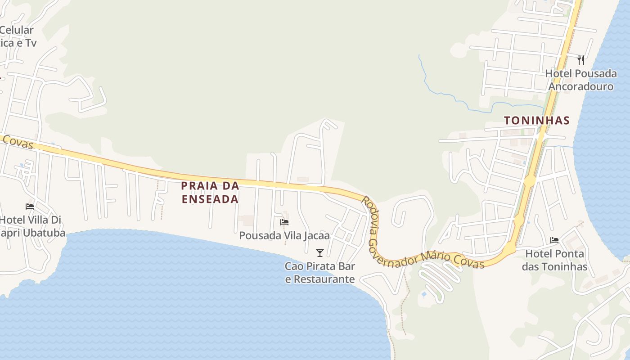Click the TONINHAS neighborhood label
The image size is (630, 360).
click(537, 121)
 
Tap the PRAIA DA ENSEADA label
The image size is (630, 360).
click(210, 192)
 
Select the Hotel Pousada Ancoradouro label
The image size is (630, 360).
click(581, 80)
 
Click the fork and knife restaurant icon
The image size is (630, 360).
click(581, 60)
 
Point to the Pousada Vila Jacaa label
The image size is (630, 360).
click(284, 235)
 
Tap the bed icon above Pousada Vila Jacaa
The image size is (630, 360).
click(284, 222)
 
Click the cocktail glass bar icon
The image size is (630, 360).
click(320, 253)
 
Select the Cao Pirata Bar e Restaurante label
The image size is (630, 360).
click(320, 273)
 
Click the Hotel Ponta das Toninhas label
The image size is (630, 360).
click(554, 260)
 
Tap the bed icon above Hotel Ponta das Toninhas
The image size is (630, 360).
click(554, 240)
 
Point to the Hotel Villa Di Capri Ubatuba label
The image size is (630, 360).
click(31, 226)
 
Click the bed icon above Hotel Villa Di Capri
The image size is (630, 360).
click(30, 207)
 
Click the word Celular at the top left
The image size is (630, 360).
click(17, 30)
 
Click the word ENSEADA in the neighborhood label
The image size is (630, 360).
click(210, 199)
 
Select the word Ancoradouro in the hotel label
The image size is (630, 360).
click(581, 86)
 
